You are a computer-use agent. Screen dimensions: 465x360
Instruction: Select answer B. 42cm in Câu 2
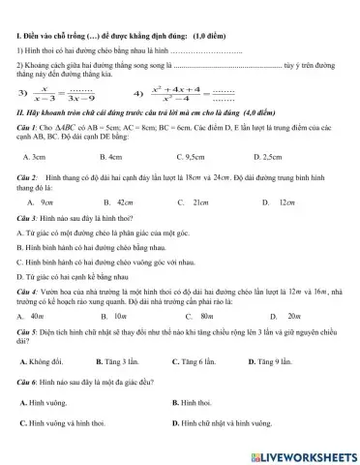[117, 201]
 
